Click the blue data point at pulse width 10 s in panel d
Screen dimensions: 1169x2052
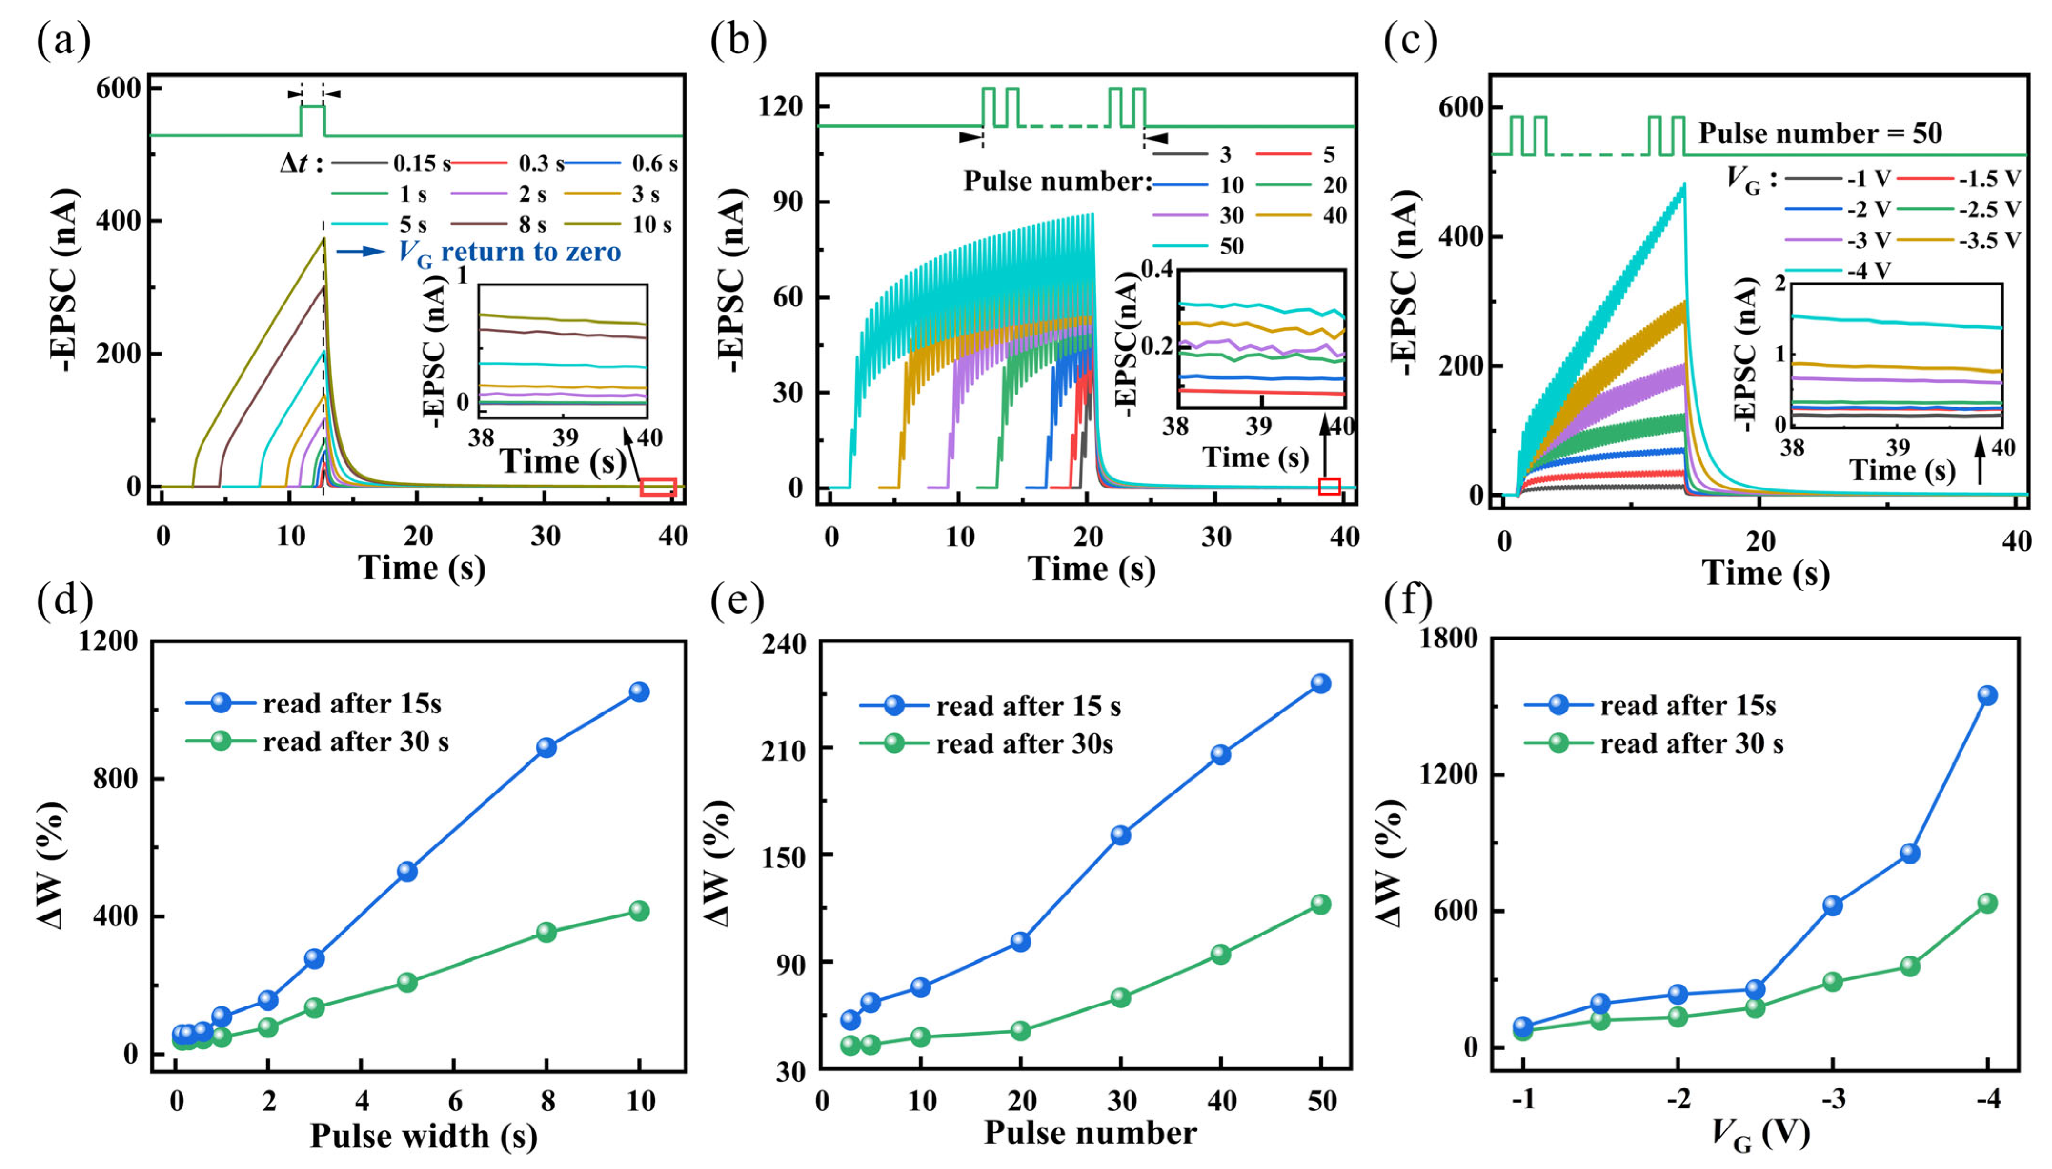(639, 691)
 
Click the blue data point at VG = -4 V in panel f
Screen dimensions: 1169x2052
(1987, 695)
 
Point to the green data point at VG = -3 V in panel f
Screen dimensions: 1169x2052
(1832, 981)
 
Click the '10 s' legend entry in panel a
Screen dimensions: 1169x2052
(652, 225)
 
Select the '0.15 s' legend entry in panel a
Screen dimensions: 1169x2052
(421, 164)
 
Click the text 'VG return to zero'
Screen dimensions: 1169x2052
(510, 252)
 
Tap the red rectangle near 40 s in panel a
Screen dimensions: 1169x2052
(658, 488)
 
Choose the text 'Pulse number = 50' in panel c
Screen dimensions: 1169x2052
(1820, 133)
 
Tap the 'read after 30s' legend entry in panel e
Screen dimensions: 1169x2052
(1024, 744)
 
